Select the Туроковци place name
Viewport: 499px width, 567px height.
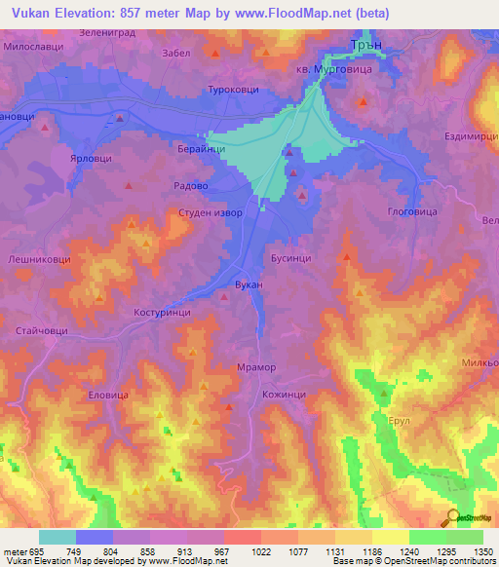tap(225, 90)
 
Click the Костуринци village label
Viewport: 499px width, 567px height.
tap(161, 313)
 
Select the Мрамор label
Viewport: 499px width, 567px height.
tap(257, 367)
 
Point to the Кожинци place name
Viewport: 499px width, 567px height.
tap(285, 394)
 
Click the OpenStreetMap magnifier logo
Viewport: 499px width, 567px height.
tap(452, 516)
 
